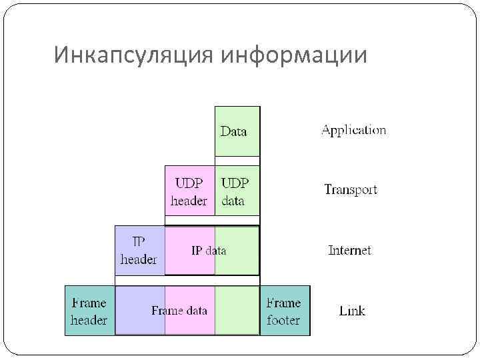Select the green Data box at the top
pyautogui.click(x=237, y=131)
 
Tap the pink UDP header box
pyautogui.click(x=189, y=191)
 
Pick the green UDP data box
pyautogui.click(x=237, y=191)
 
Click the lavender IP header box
pyautogui.click(x=139, y=251)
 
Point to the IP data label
pyautogui.click(x=208, y=251)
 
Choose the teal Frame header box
pyautogui.click(x=89, y=311)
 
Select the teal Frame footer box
pyautogui.click(x=284, y=311)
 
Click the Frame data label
pyautogui.click(x=179, y=311)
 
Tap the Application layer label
pyautogui.click(x=353, y=130)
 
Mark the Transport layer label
pyautogui.click(x=351, y=190)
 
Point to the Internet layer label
pyautogui.click(x=349, y=251)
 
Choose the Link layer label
pyautogui.click(x=352, y=311)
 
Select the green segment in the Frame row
pyautogui.click(x=237, y=311)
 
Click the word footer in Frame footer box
pyautogui.click(x=283, y=320)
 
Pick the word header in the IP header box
pyautogui.click(x=139, y=259)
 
